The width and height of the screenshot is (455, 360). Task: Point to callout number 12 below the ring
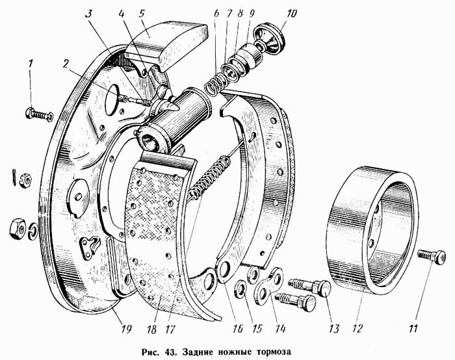point(357,328)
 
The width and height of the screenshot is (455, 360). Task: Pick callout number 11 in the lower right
point(413,328)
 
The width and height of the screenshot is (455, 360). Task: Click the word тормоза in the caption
point(273,352)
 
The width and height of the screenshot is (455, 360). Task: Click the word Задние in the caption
point(195,352)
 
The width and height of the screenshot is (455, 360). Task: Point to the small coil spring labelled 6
point(215,83)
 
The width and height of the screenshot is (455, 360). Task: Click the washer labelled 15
point(241,287)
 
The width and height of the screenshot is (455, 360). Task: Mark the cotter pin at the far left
point(14,176)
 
